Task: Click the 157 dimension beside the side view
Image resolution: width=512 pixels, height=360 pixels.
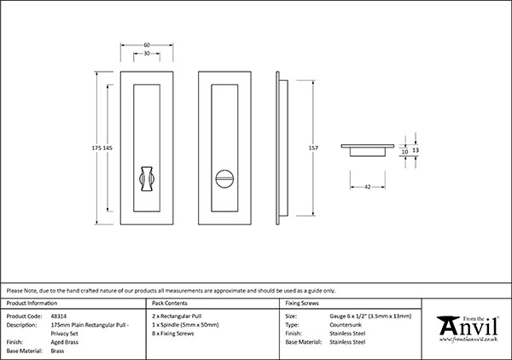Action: pyautogui.click(x=313, y=148)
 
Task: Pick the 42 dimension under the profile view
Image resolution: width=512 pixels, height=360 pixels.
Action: pyautogui.click(x=368, y=185)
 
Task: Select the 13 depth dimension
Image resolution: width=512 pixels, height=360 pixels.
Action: pyautogui.click(x=416, y=149)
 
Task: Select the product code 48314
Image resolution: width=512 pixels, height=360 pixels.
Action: pyautogui.click(x=60, y=316)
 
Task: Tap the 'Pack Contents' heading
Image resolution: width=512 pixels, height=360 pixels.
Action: pyautogui.click(x=168, y=303)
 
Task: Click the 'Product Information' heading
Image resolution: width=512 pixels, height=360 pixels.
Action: pyautogui.click(x=32, y=303)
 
